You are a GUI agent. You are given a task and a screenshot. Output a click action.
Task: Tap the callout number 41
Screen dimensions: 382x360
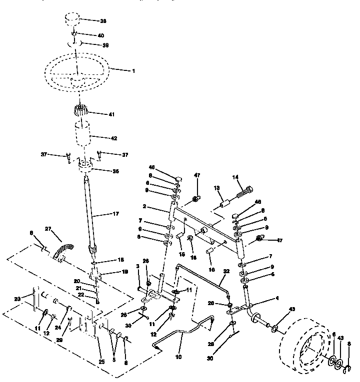111,114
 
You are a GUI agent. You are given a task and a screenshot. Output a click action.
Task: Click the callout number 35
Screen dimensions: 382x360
115,171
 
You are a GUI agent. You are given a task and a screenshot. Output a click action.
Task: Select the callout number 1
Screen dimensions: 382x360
133,71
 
